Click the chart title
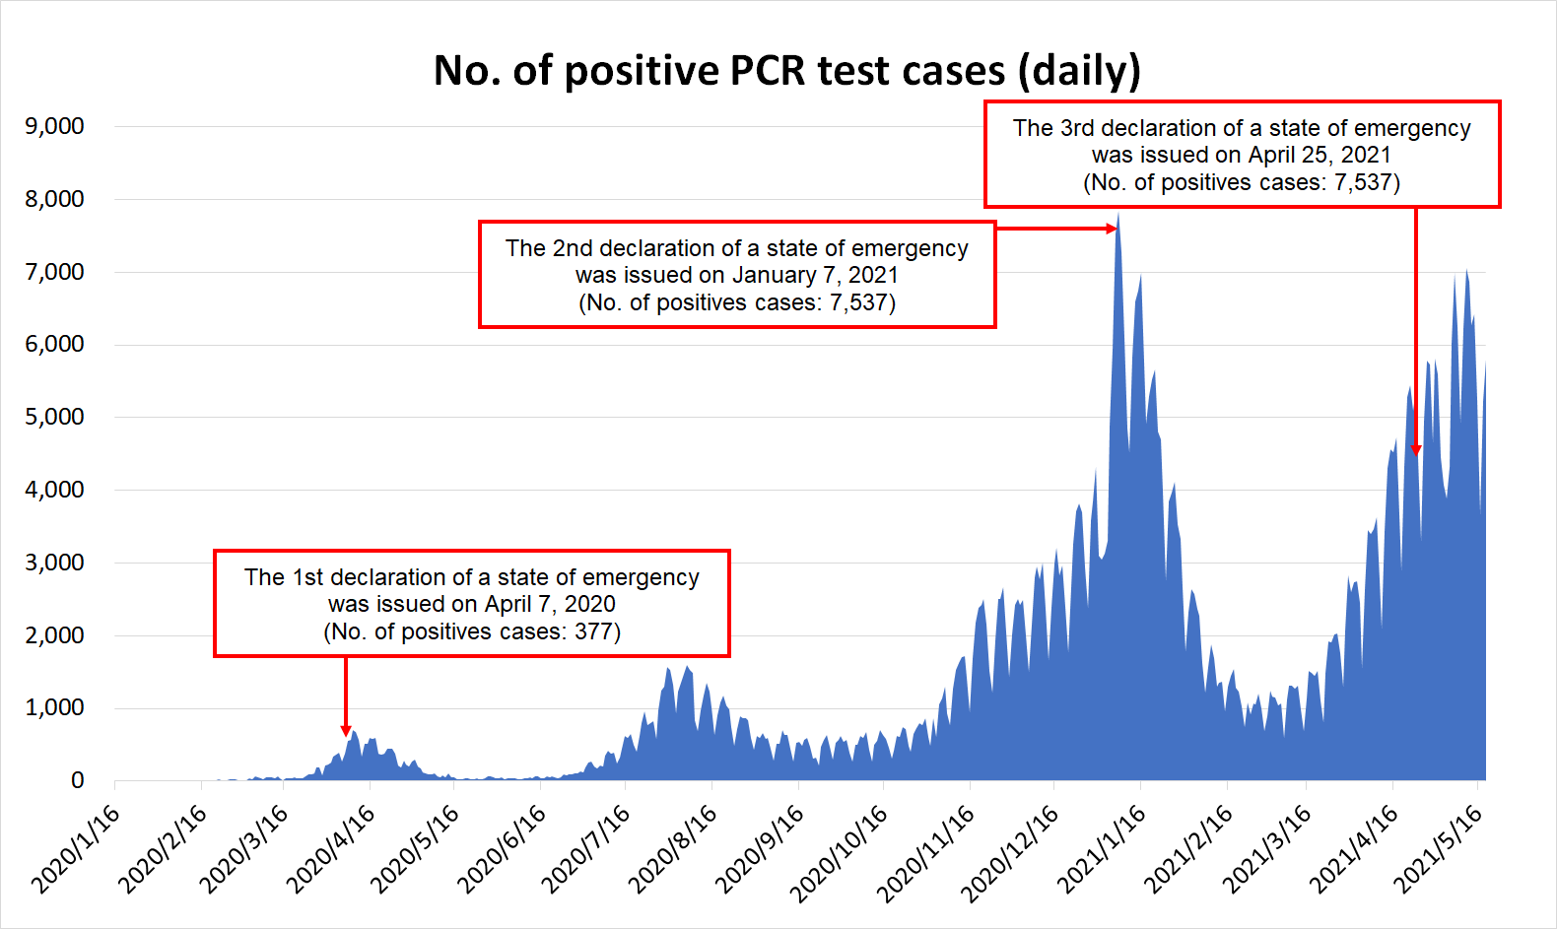click(786, 71)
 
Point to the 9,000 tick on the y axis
click(55, 126)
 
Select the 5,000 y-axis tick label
click(55, 417)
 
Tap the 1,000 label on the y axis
click(55, 707)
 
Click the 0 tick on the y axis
click(77, 780)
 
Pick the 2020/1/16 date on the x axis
click(77, 848)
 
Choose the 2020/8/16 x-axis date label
click(673, 848)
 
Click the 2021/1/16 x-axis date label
click(1102, 848)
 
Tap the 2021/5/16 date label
click(1439, 848)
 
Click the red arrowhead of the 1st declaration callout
click(346, 731)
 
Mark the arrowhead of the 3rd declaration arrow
click(1416, 450)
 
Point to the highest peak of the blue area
click(1118, 216)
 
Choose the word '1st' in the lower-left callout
click(307, 577)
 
